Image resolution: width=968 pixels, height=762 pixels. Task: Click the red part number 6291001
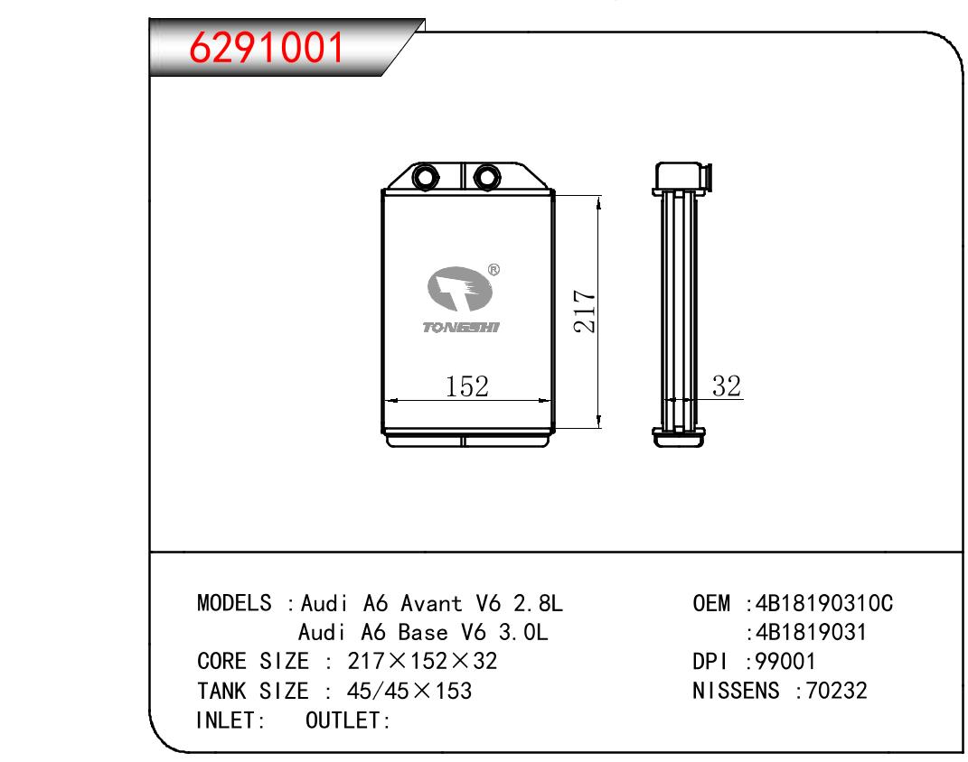pyautogui.click(x=266, y=48)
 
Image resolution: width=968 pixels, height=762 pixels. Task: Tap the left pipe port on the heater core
pyautogui.click(x=425, y=178)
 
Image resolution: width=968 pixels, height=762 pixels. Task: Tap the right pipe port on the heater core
pyautogui.click(x=486, y=178)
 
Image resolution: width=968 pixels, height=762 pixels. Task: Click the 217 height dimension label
pyautogui.click(x=585, y=311)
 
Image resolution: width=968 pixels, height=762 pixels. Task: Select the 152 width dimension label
pyautogui.click(x=466, y=386)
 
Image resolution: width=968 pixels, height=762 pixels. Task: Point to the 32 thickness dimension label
pyautogui.click(x=726, y=386)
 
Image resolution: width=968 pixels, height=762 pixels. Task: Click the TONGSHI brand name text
pyautogui.click(x=461, y=328)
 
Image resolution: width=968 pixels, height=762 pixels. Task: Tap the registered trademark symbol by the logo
pyautogui.click(x=493, y=270)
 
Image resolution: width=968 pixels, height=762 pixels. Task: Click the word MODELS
pyautogui.click(x=234, y=603)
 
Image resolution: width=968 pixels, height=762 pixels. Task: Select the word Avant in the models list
pyautogui.click(x=431, y=603)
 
